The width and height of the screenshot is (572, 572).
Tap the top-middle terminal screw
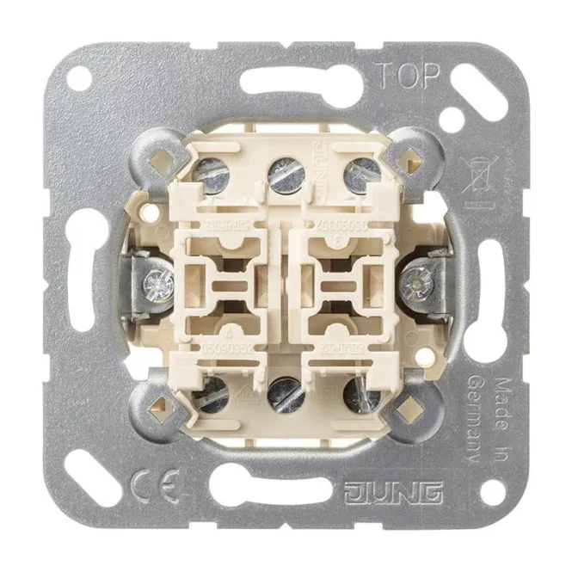pos(281,175)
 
